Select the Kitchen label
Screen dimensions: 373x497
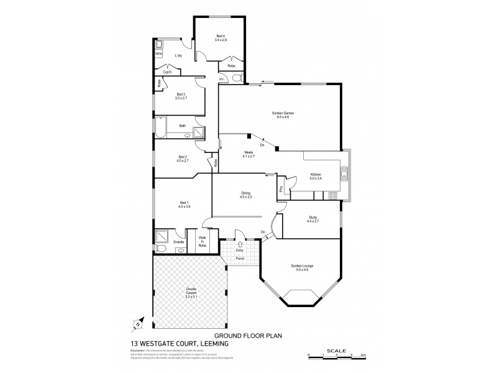coord(316,176)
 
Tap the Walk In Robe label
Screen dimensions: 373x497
coord(202,242)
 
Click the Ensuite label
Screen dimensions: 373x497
coord(178,241)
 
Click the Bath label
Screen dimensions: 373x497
coord(183,126)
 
